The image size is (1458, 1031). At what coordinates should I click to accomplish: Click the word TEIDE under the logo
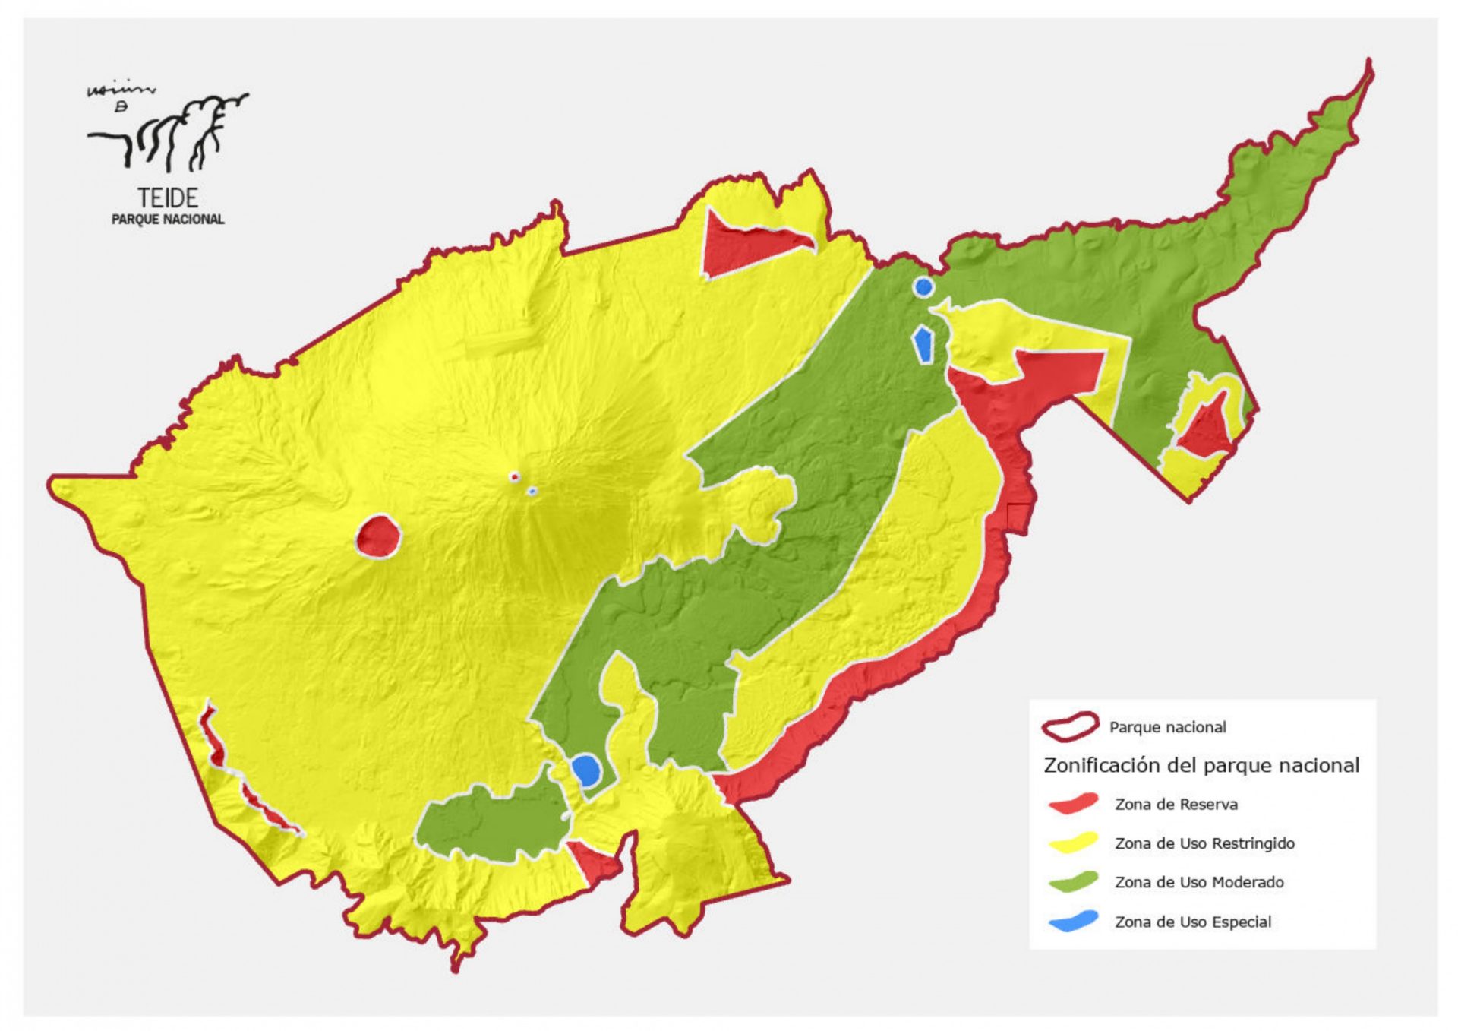point(168,198)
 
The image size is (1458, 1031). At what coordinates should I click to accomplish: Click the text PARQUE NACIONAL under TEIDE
point(168,220)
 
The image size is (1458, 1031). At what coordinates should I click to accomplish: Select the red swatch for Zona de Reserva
point(1072,804)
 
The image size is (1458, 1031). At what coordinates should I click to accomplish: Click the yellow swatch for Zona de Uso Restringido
point(1072,843)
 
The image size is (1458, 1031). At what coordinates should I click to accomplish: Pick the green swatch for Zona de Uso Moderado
point(1072,881)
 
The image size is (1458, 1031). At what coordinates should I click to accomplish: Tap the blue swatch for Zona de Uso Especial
point(1072,921)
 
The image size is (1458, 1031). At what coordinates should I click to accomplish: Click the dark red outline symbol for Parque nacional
point(1070,726)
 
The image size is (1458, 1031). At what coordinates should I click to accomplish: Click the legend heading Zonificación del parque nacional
point(1201,765)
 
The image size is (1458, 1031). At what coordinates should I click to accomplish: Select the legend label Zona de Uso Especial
point(1192,922)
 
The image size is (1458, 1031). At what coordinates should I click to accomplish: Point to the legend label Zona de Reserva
point(1176,804)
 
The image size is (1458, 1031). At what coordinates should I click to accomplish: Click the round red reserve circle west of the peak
point(377,536)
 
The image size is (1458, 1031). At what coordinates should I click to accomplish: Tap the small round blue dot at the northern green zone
point(923,286)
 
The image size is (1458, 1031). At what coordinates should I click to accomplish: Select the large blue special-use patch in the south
point(586,770)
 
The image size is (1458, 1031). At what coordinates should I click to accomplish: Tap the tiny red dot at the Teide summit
point(514,477)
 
